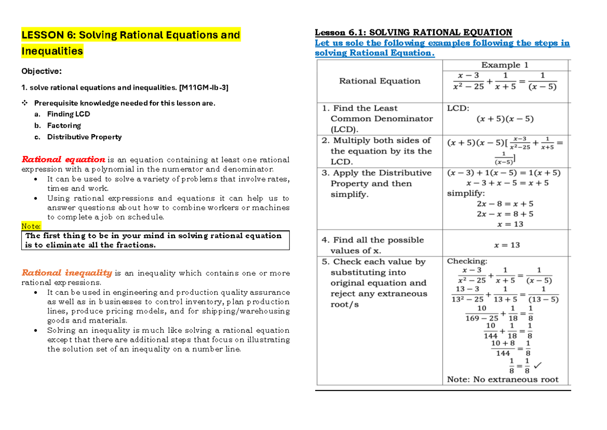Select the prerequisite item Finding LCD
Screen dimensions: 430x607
68,114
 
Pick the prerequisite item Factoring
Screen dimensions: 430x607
64,126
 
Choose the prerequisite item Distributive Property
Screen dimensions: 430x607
84,137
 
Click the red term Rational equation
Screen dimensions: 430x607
63,160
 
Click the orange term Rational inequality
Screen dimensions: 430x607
66,273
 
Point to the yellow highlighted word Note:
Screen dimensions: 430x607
31,226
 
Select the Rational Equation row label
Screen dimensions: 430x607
379,81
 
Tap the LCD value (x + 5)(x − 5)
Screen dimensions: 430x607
505,119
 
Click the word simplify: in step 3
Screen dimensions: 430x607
466,193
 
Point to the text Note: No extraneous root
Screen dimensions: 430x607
502,379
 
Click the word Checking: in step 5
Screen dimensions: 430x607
467,261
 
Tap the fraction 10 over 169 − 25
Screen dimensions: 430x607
481,312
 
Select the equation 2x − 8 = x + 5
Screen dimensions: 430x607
504,204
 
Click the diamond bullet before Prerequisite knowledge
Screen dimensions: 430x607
24,103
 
